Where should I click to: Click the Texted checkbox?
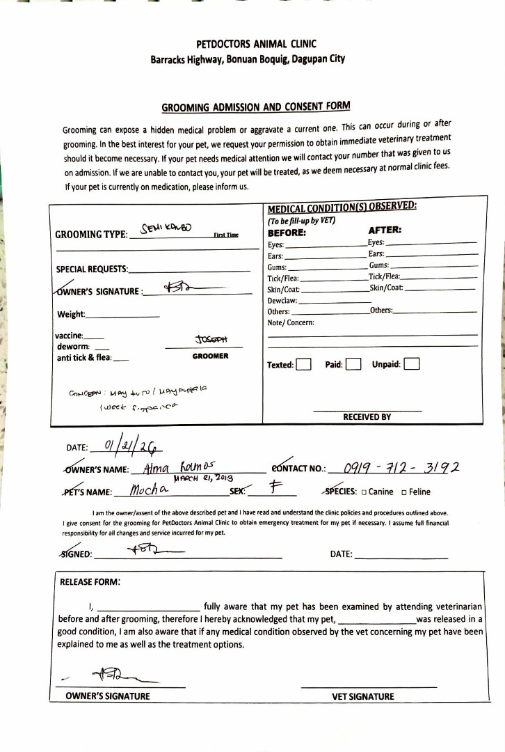coord(303,364)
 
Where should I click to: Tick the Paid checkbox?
coord(353,364)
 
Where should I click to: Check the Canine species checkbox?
coord(364,492)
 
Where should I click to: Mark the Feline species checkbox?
coord(404,492)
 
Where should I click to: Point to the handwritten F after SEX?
coord(274,488)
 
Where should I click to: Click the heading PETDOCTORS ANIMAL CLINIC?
coord(247,45)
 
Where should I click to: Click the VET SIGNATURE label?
coord(363,696)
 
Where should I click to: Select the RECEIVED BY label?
coord(367,417)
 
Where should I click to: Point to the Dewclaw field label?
coord(282,300)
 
